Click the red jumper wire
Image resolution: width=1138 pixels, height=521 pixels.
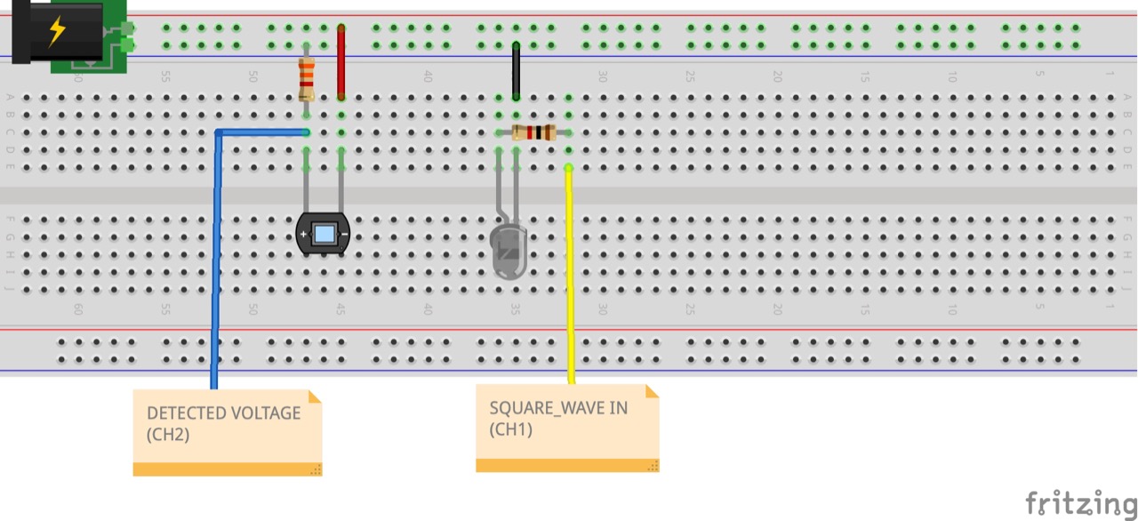(x=341, y=62)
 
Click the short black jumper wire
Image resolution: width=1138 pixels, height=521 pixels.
(x=516, y=69)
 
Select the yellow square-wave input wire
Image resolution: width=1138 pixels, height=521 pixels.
(x=569, y=276)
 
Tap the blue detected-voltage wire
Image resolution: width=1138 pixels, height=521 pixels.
(x=215, y=267)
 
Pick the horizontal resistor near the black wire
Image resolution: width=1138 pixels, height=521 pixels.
(x=534, y=133)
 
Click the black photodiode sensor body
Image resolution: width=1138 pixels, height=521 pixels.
(x=323, y=235)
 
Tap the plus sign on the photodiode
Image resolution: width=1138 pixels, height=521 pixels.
(x=303, y=235)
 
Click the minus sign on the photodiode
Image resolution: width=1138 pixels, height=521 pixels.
(x=343, y=235)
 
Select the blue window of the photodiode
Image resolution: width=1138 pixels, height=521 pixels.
(x=324, y=234)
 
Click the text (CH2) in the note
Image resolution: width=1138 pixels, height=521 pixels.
(x=168, y=435)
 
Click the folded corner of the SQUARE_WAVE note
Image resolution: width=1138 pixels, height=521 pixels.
(x=652, y=391)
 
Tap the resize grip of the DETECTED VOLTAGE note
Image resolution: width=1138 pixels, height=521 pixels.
(x=315, y=469)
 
